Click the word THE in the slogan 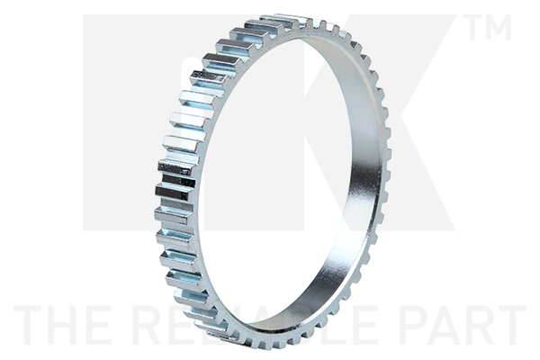coord(67,325)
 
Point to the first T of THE coord(31,325)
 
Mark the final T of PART coord(514,325)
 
